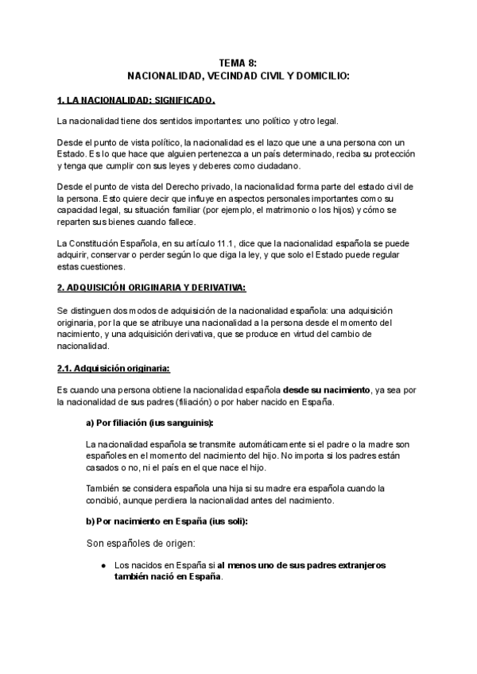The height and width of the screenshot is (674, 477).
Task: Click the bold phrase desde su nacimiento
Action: pos(327,389)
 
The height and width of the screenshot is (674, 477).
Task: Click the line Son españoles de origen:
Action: pos(137,544)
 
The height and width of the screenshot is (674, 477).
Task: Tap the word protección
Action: pos(435,153)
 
